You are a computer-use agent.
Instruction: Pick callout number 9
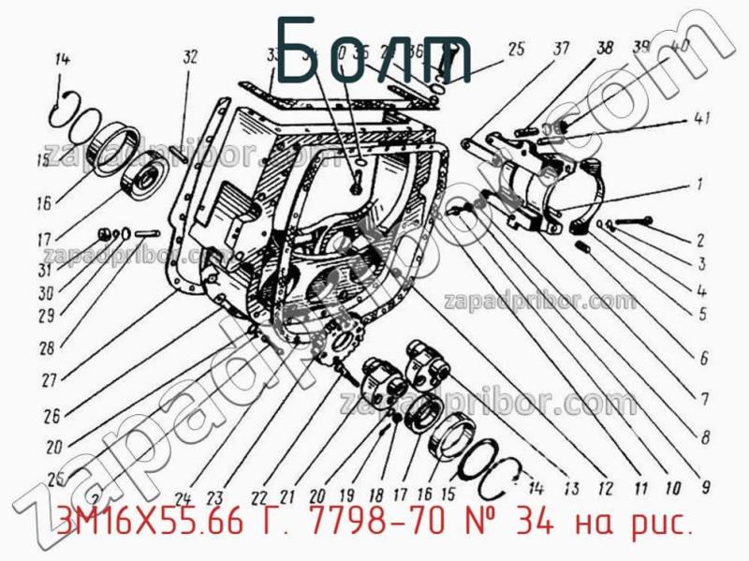coord(704,486)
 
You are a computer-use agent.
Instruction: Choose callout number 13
coord(570,486)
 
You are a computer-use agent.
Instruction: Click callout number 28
coord(45,349)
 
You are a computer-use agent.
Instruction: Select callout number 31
coord(45,271)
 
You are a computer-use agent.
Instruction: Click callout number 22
coord(258,497)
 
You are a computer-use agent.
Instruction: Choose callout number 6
coord(702,357)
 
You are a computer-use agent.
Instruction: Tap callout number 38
coord(605,49)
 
